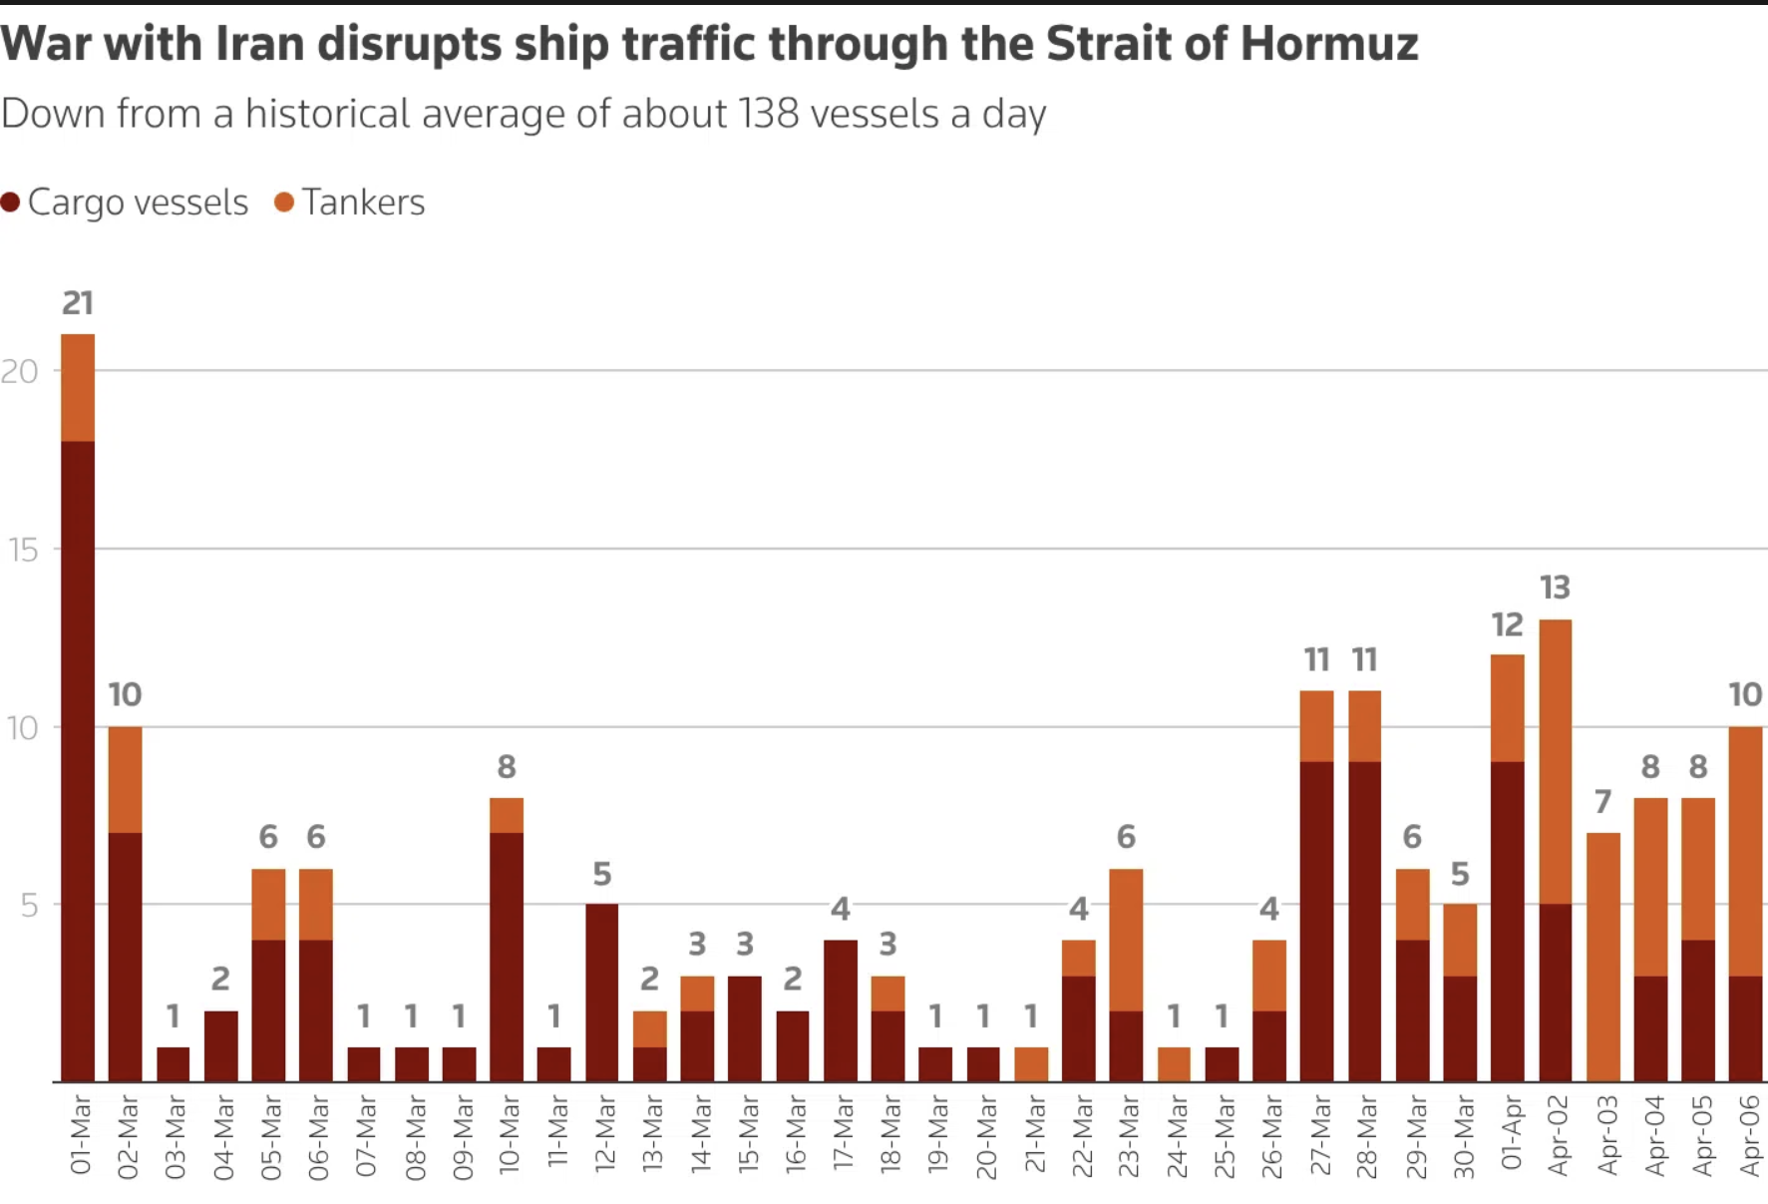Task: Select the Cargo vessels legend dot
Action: pos(11,202)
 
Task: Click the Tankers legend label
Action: pos(363,202)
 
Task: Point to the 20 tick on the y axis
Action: pos(20,372)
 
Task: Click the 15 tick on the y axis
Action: pos(22,550)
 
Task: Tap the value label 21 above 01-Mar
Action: pos(78,303)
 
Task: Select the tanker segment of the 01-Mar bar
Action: pos(78,388)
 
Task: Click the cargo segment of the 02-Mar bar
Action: pos(126,957)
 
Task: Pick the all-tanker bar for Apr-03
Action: pos(1603,957)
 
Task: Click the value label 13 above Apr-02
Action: pos(1555,588)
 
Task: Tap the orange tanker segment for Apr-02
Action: pos(1556,762)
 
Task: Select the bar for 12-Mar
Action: pos(601,993)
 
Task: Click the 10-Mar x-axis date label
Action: pos(509,1137)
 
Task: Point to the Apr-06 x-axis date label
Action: pos(1749,1137)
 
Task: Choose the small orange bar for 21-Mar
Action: pos(1031,1064)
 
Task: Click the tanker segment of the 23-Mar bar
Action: pos(1126,940)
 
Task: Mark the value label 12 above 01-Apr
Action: pos(1507,625)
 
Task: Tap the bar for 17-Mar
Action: pos(841,1010)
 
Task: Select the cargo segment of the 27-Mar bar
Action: pos(1316,922)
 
